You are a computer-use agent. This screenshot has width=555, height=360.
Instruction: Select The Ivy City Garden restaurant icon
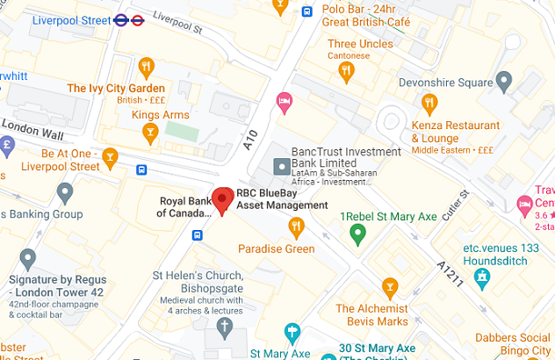point(147,67)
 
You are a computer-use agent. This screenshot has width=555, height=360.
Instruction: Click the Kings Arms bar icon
point(150,133)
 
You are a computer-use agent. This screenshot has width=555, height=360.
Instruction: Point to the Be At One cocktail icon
point(110,158)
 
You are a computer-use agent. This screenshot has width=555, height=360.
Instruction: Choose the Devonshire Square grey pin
point(504,83)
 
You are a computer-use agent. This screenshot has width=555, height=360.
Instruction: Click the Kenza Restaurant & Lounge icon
point(429,104)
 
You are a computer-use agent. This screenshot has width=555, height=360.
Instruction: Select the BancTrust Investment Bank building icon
point(282,165)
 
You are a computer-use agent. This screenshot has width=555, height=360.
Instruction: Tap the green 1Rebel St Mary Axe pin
point(357,234)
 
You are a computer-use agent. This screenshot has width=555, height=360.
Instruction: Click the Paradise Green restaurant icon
point(297,227)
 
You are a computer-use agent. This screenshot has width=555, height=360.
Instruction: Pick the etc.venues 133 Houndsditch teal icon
point(481,278)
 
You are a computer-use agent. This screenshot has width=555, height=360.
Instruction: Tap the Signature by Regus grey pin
point(28,259)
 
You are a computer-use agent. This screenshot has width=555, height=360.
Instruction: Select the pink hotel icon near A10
point(284,103)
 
